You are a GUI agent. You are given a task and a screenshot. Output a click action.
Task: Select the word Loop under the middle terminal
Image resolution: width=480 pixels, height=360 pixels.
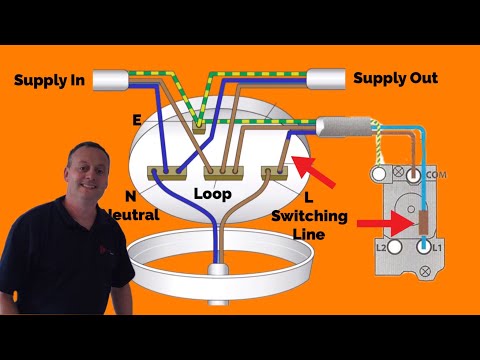[x=212, y=190]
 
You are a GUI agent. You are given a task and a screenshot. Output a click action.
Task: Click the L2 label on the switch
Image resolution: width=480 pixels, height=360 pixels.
[x=380, y=245]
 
